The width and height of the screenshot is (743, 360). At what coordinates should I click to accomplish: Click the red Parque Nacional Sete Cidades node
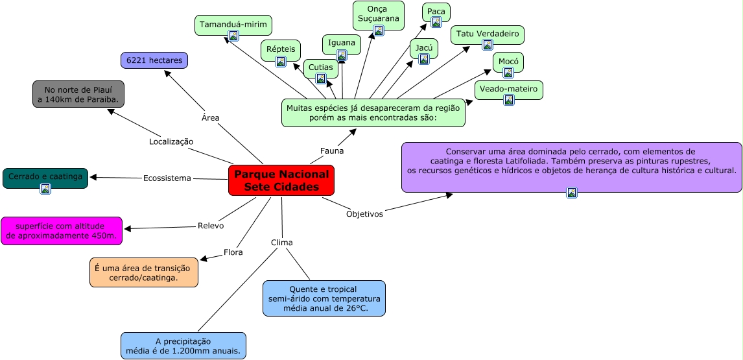pyautogui.click(x=281, y=180)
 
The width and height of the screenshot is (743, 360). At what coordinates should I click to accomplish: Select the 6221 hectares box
pyautogui.click(x=154, y=60)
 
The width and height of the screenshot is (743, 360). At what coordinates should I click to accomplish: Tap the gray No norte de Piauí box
pyautogui.click(x=78, y=94)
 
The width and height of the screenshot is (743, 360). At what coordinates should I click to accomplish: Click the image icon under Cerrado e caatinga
pyautogui.click(x=45, y=189)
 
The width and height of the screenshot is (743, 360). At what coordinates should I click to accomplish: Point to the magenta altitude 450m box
pyautogui.click(x=62, y=231)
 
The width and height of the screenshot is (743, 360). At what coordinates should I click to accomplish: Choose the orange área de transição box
pyautogui.click(x=144, y=272)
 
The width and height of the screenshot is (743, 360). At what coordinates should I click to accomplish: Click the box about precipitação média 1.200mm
pyautogui.click(x=183, y=346)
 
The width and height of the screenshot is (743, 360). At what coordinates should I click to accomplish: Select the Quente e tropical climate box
pyautogui.click(x=324, y=298)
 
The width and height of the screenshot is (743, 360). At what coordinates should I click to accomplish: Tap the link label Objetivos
pyautogui.click(x=364, y=213)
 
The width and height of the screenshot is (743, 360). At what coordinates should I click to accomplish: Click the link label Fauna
pyautogui.click(x=332, y=150)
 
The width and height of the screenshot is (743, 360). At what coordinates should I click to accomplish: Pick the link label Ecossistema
pyautogui.click(x=167, y=178)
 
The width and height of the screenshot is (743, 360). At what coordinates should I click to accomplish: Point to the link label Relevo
pyautogui.click(x=211, y=226)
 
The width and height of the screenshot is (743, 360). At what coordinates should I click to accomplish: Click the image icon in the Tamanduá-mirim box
pyautogui.click(x=233, y=36)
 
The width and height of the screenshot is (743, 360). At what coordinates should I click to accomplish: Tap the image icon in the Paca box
pyautogui.click(x=436, y=22)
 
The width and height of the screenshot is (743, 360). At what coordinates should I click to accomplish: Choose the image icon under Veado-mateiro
pyautogui.click(x=509, y=100)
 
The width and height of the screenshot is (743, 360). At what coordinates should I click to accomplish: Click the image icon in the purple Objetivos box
pyautogui.click(x=572, y=192)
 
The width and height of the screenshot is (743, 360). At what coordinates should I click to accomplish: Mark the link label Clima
pyautogui.click(x=282, y=243)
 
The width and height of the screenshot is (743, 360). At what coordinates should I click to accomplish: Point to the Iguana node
pyautogui.click(x=342, y=43)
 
